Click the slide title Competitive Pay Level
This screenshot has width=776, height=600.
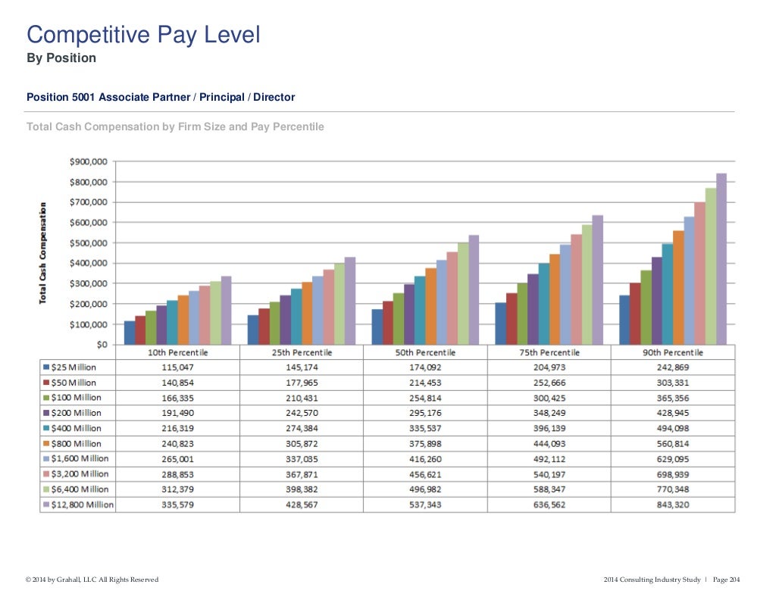[143, 34]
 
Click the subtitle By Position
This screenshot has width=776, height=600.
[61, 58]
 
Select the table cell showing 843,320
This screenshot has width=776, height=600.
[673, 505]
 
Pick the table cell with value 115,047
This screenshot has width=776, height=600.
[177, 367]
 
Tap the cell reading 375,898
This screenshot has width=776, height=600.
[425, 444]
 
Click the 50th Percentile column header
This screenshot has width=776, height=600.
[425, 353]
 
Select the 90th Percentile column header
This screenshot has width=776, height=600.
[673, 353]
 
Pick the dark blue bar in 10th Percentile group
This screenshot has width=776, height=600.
[130, 333]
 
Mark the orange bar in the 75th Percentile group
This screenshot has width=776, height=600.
[555, 299]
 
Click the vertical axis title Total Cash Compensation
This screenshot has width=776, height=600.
[44, 252]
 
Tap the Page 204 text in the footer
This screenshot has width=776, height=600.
[725, 580]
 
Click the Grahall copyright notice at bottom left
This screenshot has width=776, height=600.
[92, 580]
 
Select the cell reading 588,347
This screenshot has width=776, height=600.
[549, 489]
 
